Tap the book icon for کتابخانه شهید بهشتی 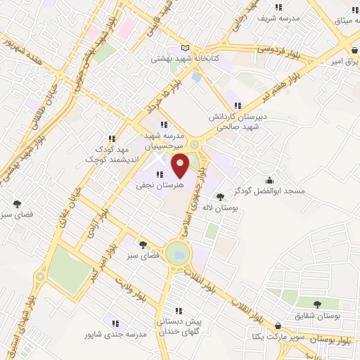click(185, 48)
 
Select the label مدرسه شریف click(279, 16)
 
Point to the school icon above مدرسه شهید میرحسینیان click(164, 124)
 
